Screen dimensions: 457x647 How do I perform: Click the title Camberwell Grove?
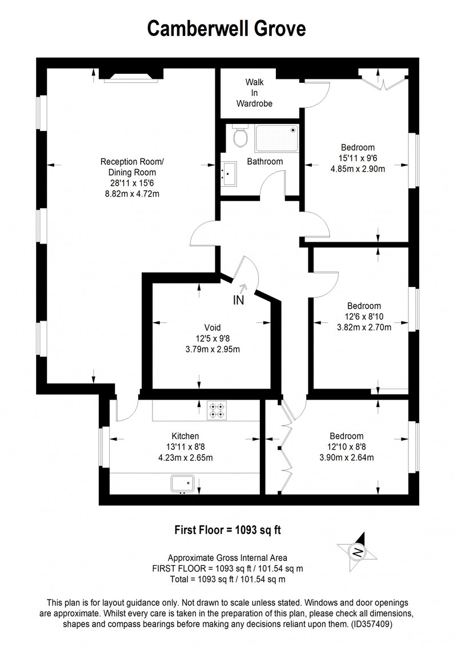click(226, 29)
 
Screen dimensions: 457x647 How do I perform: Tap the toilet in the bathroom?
click(239, 136)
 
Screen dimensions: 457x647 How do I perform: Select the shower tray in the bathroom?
click(276, 138)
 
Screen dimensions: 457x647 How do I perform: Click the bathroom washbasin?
click(228, 174)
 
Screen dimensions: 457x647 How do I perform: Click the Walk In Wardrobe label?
click(254, 93)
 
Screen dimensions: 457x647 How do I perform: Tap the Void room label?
click(213, 328)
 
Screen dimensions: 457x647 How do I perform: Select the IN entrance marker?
click(238, 300)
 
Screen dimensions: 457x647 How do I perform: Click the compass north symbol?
click(358, 552)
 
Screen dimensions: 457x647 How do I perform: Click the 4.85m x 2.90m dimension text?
click(358, 169)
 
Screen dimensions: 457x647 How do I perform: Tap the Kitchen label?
click(185, 436)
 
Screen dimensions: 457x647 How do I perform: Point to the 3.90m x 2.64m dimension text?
click(346, 458)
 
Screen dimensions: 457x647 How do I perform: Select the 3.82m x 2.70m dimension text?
click(364, 327)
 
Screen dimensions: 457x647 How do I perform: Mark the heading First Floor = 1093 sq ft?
click(228, 530)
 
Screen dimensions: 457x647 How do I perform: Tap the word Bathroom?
click(265, 162)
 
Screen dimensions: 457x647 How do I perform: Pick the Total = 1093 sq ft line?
click(228, 580)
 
